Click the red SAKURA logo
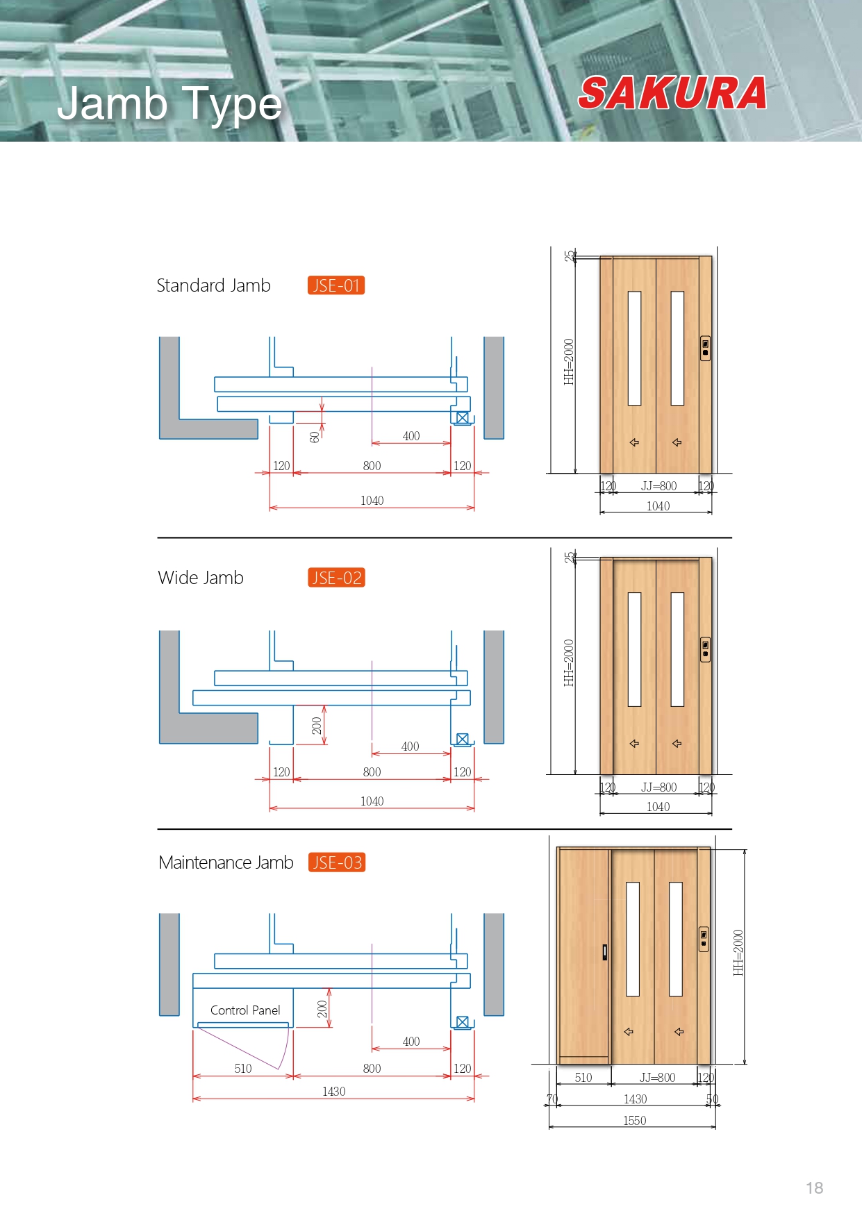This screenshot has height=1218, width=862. coord(672,93)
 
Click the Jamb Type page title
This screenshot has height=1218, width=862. coord(169,104)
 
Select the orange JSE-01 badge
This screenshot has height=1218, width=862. coord(336,285)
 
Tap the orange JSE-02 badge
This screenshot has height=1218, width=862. coord(337,578)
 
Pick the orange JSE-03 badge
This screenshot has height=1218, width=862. coord(337,862)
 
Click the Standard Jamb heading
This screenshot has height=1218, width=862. coord(213,285)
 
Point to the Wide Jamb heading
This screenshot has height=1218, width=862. coord(201,578)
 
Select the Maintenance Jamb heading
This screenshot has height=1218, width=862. coord(226,862)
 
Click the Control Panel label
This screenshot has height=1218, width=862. coord(245,1010)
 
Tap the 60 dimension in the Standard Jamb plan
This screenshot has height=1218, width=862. coord(315,437)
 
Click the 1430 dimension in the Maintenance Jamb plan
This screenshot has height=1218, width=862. coord(333,1092)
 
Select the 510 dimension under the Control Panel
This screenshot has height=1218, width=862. coord(243,1069)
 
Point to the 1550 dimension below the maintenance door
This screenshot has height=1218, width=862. coord(634,1121)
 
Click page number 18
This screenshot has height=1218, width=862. coord(815,1188)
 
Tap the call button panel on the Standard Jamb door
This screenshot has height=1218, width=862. coord(705,348)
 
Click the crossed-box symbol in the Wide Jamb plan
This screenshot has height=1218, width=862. coord(463,740)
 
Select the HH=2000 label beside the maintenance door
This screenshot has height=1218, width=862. coord(738,953)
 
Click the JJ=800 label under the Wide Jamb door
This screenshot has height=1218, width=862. coord(658,787)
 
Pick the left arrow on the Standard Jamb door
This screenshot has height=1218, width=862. coord(634,442)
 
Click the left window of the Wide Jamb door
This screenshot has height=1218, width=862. coord(634,649)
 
